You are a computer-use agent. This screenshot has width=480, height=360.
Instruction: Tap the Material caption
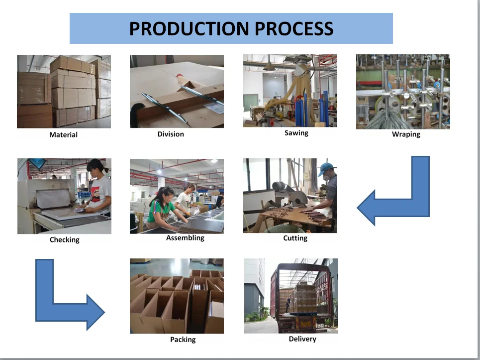tap(63, 134)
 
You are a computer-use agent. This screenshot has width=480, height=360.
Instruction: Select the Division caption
tap(171, 134)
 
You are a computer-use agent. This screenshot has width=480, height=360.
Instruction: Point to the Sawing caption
tap(296, 133)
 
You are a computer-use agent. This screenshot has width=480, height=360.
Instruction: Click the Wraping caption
tap(406, 134)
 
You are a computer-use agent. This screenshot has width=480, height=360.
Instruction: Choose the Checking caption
tap(64, 240)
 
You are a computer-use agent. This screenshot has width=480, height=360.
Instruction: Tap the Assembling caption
tap(185, 238)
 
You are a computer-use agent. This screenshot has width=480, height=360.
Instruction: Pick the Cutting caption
tap(295, 238)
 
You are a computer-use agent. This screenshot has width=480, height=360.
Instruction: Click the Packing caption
tap(183, 340)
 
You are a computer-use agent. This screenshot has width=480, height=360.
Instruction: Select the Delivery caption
tap(302, 339)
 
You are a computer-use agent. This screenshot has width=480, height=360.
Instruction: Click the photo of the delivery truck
tap(291, 296)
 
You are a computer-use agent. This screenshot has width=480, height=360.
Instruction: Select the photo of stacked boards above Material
tap(64, 92)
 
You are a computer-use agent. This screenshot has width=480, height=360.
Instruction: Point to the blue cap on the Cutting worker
tap(326, 167)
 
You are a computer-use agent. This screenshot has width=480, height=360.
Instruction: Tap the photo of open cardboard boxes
tap(177, 296)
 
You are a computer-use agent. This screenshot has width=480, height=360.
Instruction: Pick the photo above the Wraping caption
tap(403, 92)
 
